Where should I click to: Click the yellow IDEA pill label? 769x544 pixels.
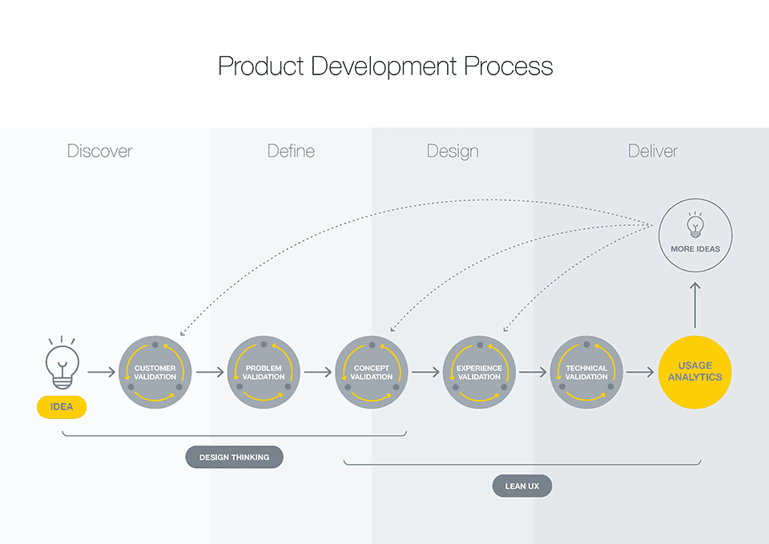[x=62, y=407]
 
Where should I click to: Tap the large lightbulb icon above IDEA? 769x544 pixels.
[x=62, y=362]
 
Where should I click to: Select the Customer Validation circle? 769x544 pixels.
[x=155, y=373]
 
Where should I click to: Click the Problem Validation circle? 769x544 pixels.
[x=264, y=373]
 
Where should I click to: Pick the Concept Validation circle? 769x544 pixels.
[x=371, y=373]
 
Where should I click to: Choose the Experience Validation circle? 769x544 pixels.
[x=479, y=373]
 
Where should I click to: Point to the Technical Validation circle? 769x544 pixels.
[x=586, y=373]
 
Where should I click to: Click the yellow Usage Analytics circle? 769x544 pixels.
[x=695, y=373]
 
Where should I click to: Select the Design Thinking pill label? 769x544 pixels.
[x=235, y=457]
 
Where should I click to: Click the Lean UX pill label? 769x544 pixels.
[x=522, y=486]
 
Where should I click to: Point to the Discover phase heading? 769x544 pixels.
[x=99, y=151]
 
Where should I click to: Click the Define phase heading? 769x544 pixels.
[x=291, y=151]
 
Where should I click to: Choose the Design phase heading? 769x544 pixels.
[x=453, y=151]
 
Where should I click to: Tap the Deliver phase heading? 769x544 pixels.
[x=654, y=151]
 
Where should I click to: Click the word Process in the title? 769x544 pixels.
[x=509, y=66]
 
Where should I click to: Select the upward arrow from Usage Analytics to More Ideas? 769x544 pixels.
[x=695, y=305]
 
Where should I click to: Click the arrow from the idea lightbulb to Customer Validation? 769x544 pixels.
[x=102, y=373]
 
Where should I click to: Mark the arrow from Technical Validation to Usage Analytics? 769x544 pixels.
[x=640, y=373]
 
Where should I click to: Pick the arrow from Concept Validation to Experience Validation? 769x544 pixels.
[x=425, y=373]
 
